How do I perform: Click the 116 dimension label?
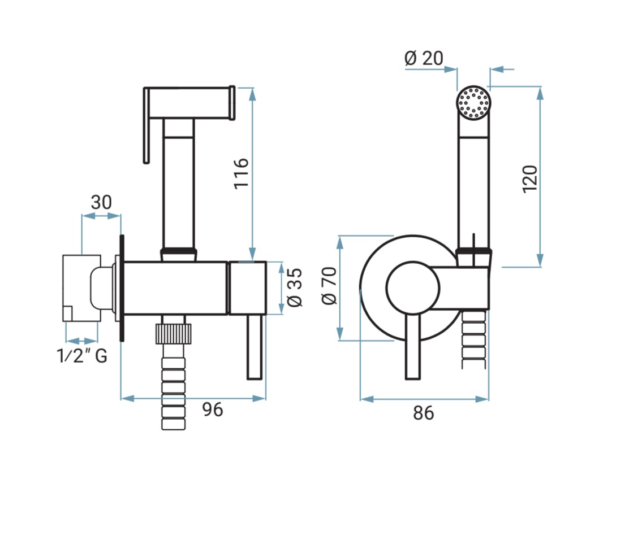pyautogui.click(x=241, y=173)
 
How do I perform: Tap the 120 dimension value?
pyautogui.click(x=530, y=179)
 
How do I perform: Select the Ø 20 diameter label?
pyautogui.click(x=424, y=58)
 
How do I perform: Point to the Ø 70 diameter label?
pyautogui.click(x=329, y=286)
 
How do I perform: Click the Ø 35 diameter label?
pyautogui.click(x=295, y=287)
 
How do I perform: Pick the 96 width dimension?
pyautogui.click(x=213, y=409)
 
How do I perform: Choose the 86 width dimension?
pyautogui.click(x=423, y=413)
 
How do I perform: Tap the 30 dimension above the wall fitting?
pyautogui.click(x=101, y=202)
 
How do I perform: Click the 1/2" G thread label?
pyautogui.click(x=82, y=355)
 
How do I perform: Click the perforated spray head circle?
pyautogui.click(x=473, y=103)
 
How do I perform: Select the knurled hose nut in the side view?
pyautogui.click(x=173, y=333)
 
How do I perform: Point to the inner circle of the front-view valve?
pyautogui.click(x=412, y=287)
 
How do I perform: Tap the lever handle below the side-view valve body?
pyautogui.click(x=255, y=347)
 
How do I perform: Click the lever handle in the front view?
pyautogui.click(x=412, y=346)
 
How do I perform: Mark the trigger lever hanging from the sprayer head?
pyautogui.click(x=146, y=125)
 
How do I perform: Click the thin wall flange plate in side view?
pyautogui.click(x=122, y=287)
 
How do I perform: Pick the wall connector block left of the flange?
pyautogui.click(x=81, y=288)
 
